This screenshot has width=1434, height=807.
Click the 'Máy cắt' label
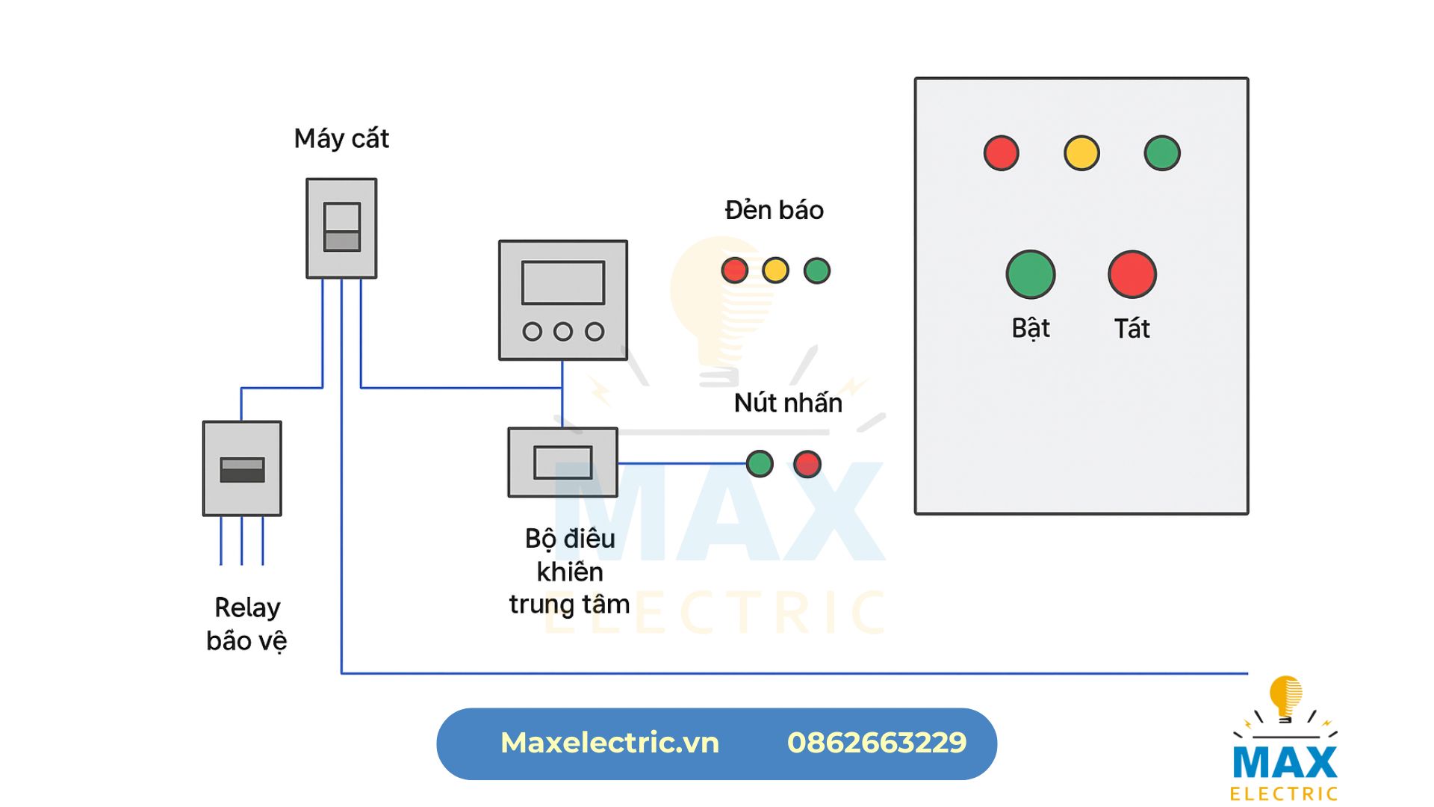point(341,139)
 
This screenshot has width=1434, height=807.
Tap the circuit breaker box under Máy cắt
point(341,228)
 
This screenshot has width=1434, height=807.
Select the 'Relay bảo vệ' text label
point(246,624)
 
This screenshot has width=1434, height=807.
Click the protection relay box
point(242,469)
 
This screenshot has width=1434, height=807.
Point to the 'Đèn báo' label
point(774,211)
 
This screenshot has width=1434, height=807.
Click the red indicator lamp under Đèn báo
point(734,270)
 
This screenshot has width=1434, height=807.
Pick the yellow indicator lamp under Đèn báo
point(775,270)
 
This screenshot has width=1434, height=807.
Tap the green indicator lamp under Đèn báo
point(816,270)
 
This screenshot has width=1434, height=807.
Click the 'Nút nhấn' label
point(788,403)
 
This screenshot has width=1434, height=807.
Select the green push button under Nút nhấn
point(760,463)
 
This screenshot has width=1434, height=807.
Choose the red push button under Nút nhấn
point(807,463)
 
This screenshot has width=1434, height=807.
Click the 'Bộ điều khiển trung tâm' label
point(569,572)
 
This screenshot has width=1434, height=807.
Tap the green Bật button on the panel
point(1031,274)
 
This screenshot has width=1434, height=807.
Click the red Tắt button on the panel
point(1132,274)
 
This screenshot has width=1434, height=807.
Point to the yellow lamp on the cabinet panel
point(1081,153)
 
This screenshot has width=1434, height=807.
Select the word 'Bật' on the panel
point(1031,329)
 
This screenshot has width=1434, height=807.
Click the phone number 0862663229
point(877,743)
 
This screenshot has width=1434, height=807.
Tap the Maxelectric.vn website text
point(609,743)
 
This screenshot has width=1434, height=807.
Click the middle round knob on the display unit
point(563,331)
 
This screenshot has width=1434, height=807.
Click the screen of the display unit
point(563,282)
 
